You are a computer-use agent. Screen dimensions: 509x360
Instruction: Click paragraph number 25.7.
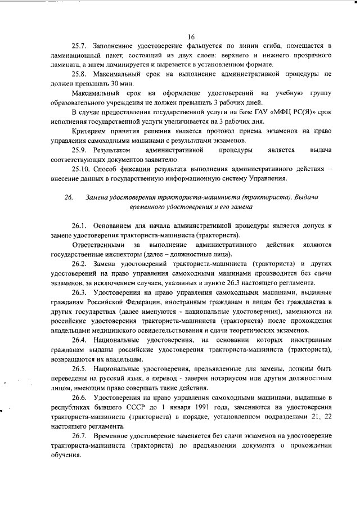point(79,45)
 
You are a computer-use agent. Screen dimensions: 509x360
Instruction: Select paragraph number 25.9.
point(79,150)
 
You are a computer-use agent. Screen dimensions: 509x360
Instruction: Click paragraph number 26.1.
point(79,227)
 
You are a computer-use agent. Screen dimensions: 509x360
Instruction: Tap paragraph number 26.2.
point(79,264)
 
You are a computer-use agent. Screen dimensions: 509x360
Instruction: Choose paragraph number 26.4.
point(79,340)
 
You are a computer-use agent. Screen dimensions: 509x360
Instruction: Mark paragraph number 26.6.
point(79,398)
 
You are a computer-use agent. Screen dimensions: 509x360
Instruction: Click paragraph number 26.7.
point(79,436)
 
